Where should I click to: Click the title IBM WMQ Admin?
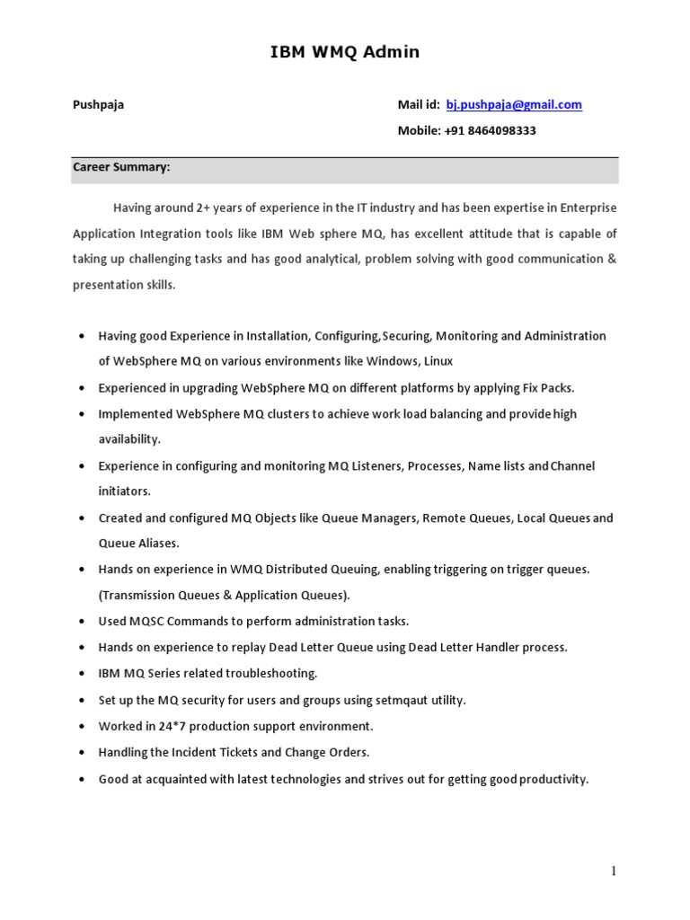[345, 52]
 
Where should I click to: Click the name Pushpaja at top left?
[98, 104]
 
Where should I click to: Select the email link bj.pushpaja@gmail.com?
[514, 104]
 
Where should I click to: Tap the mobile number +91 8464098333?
[490, 130]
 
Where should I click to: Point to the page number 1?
[614, 871]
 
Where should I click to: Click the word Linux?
[432, 361]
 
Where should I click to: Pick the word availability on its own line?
[129, 439]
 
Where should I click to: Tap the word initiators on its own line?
[124, 491]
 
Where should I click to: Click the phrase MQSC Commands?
[170, 621]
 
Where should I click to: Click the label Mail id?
[419, 104]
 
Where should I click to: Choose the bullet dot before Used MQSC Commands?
[82, 622]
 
